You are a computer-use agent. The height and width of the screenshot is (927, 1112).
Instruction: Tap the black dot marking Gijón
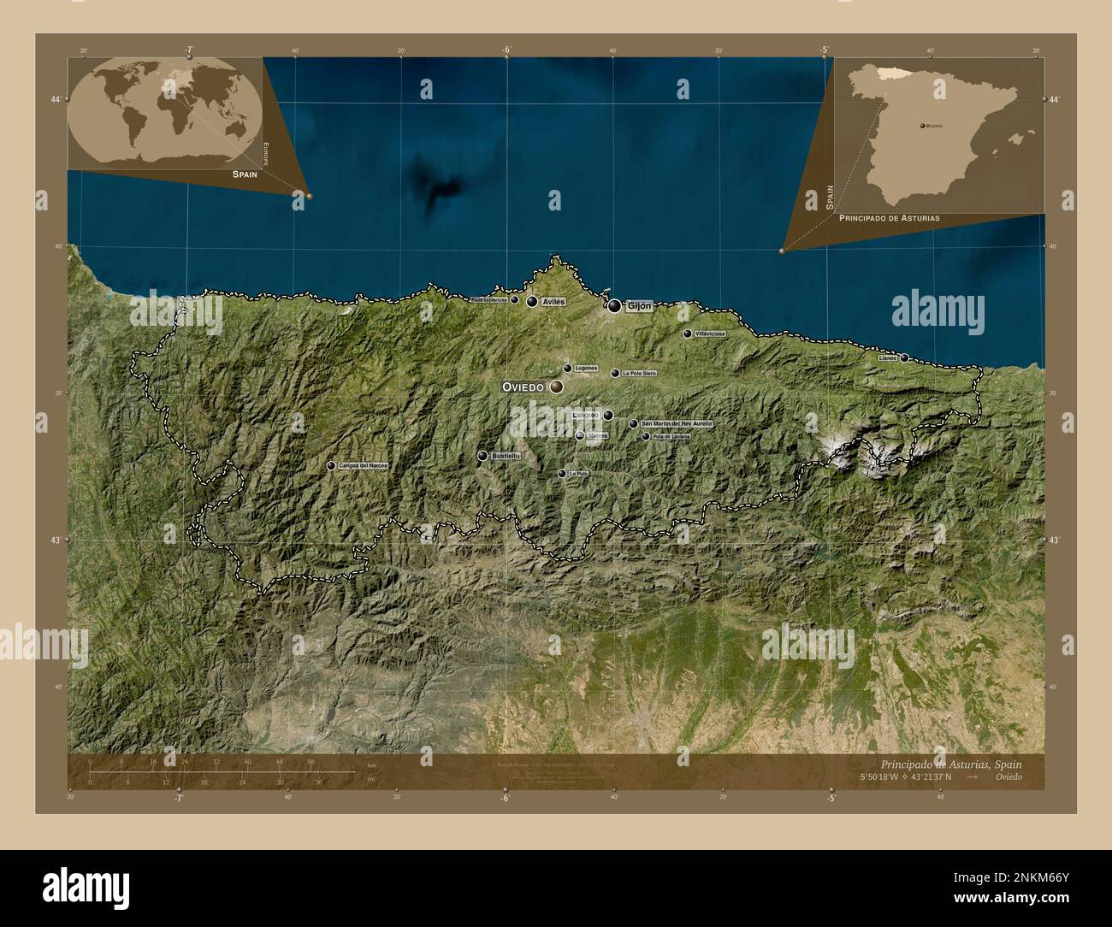pyautogui.click(x=615, y=305)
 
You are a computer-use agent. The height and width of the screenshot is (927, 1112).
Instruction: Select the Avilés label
pyautogui.click(x=553, y=303)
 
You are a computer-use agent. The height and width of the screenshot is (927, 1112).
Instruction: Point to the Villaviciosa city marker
pyautogui.click(x=688, y=334)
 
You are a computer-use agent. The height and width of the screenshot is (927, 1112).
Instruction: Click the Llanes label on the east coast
pyautogui.click(x=888, y=358)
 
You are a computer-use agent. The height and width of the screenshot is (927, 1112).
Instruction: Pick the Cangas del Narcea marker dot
pyautogui.click(x=331, y=466)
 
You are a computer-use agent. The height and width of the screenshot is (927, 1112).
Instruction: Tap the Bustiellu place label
pyautogui.click(x=506, y=457)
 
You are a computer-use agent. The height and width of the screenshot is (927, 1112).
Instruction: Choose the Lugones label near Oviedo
pyautogui.click(x=586, y=369)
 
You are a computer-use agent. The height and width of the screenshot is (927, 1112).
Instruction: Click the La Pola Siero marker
pyautogui.click(x=615, y=374)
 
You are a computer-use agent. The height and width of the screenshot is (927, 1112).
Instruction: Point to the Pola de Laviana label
pyautogui.click(x=671, y=437)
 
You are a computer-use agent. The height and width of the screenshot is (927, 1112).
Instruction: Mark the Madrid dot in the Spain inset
pyautogui.click(x=922, y=126)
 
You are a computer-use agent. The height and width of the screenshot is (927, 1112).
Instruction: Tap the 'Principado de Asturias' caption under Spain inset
pyautogui.click(x=890, y=218)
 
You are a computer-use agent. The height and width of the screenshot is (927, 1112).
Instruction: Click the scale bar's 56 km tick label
pyautogui.click(x=311, y=761)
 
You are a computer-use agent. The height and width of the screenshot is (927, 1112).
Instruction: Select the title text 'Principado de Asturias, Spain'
pyautogui.click(x=950, y=764)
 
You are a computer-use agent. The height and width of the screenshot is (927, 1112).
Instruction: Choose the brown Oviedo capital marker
pyautogui.click(x=557, y=387)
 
